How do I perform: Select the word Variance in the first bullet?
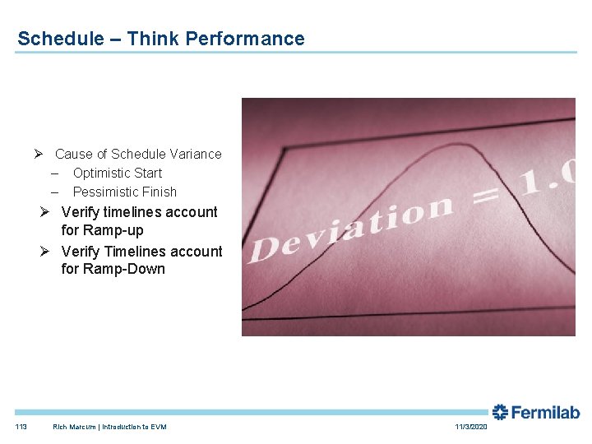[195, 154]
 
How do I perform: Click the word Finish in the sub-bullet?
[159, 192]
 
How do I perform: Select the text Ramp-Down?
[123, 269]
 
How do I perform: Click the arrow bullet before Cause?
[39, 154]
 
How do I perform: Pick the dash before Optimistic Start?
[54, 173]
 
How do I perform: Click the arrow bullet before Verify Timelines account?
[46, 251]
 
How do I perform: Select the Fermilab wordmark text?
[546, 413]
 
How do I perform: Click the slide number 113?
[21, 427]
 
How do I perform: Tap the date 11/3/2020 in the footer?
[471, 427]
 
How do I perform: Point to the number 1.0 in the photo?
[547, 174]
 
